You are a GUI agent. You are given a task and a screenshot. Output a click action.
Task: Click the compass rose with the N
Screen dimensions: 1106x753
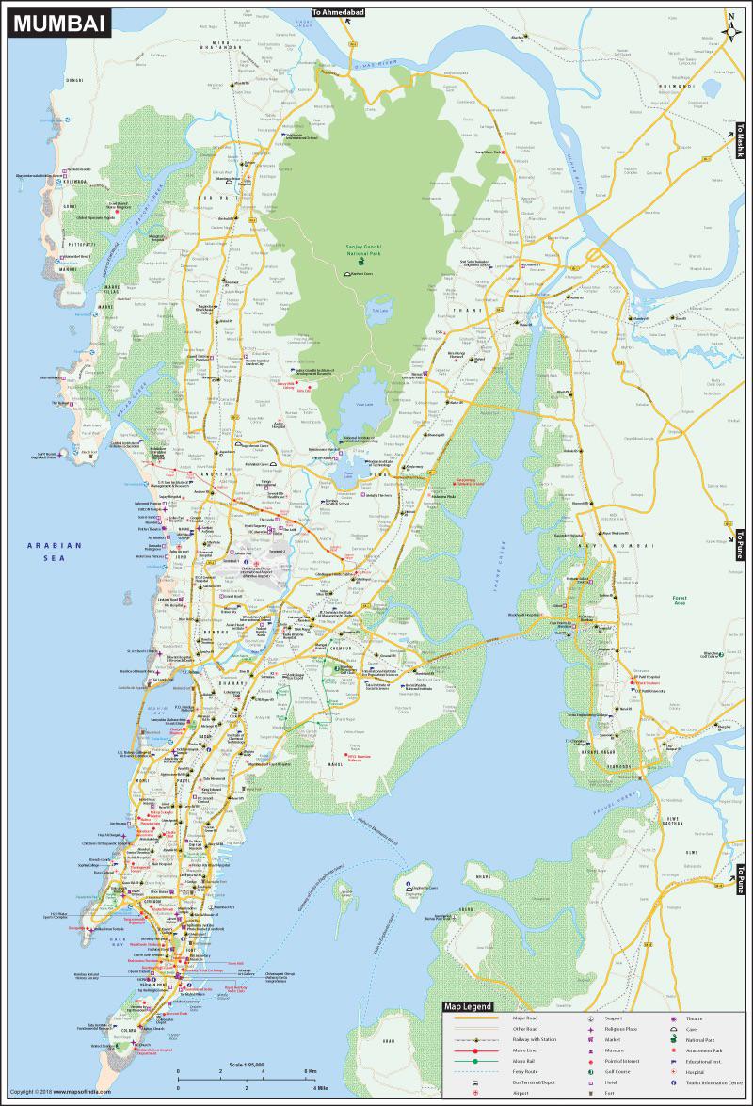731,28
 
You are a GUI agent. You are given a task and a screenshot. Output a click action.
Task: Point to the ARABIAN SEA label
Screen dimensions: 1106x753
55,551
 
